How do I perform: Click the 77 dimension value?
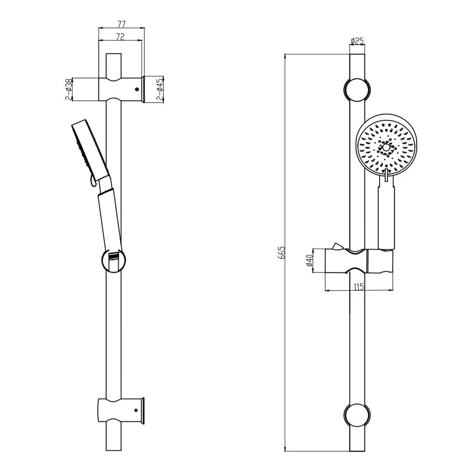click(x=122, y=23)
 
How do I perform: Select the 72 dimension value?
click(x=120, y=36)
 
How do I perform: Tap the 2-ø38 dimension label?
click(x=69, y=90)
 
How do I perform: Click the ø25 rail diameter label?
click(x=357, y=40)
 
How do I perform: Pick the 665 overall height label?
click(x=282, y=253)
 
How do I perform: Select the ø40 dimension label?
click(x=309, y=260)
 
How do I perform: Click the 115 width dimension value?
click(x=359, y=287)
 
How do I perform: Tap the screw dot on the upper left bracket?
click(x=137, y=89)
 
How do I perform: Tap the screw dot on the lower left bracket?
click(x=137, y=410)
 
